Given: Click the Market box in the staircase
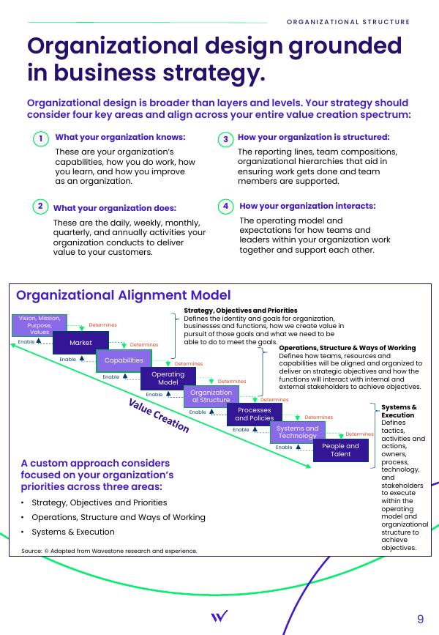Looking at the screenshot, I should pos(80,342).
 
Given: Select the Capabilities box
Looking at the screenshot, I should pos(124,360).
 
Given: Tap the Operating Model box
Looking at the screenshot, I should pos(168,378).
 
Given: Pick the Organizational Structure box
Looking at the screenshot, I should pos(211,396).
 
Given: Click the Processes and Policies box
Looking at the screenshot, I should pos(254,415).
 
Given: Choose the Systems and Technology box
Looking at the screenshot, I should pos(297,432).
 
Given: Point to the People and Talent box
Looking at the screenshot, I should pos(340,450).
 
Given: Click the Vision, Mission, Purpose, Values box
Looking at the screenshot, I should pos(40,324).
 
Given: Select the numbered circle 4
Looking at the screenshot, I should pos(225,207).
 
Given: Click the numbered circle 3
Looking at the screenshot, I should pos(225,138).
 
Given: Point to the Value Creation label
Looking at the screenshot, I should pos(159,416).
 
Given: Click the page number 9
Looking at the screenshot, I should pos(420,619).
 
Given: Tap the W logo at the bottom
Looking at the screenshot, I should pos(219,617).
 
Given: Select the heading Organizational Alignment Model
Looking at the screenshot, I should pos(123,295).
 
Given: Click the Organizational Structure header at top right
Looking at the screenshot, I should pos(348,22).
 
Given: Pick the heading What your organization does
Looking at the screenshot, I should pos(115,208).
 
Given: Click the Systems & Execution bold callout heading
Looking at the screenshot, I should pos(399,411).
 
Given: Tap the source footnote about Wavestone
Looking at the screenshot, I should pos(109,550).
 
